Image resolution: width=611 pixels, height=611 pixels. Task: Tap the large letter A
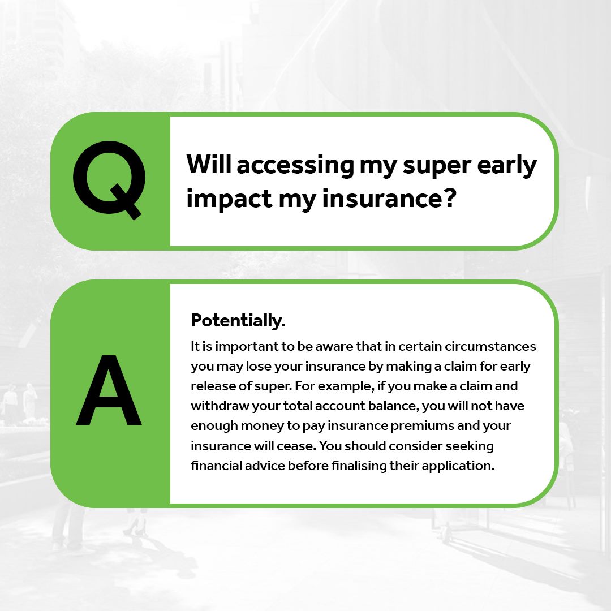point(109,390)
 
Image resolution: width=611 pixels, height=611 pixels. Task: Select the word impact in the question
point(229,199)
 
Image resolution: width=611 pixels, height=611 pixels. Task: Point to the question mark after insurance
point(450,197)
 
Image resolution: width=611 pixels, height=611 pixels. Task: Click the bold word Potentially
point(238,321)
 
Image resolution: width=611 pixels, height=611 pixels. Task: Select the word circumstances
point(490,346)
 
